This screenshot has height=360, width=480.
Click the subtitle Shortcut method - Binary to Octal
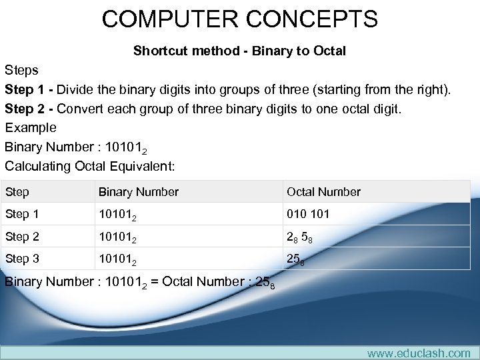pos(239,51)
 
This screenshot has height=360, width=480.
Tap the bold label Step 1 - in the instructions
pos(29,89)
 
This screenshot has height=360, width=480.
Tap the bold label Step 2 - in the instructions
pos(29,108)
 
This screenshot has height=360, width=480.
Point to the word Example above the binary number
pos(31,127)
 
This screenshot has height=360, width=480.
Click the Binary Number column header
pos(139,192)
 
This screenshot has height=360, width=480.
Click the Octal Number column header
pos(323,192)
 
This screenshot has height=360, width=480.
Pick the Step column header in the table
pos(17,192)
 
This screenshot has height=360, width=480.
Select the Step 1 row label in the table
pos(22,214)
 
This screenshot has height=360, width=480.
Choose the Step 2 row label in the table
pos(22,237)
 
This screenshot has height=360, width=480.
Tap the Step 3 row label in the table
pos(22,259)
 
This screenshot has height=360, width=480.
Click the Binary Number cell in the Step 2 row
pos(120,237)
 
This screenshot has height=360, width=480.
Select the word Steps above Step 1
pos(21,70)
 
